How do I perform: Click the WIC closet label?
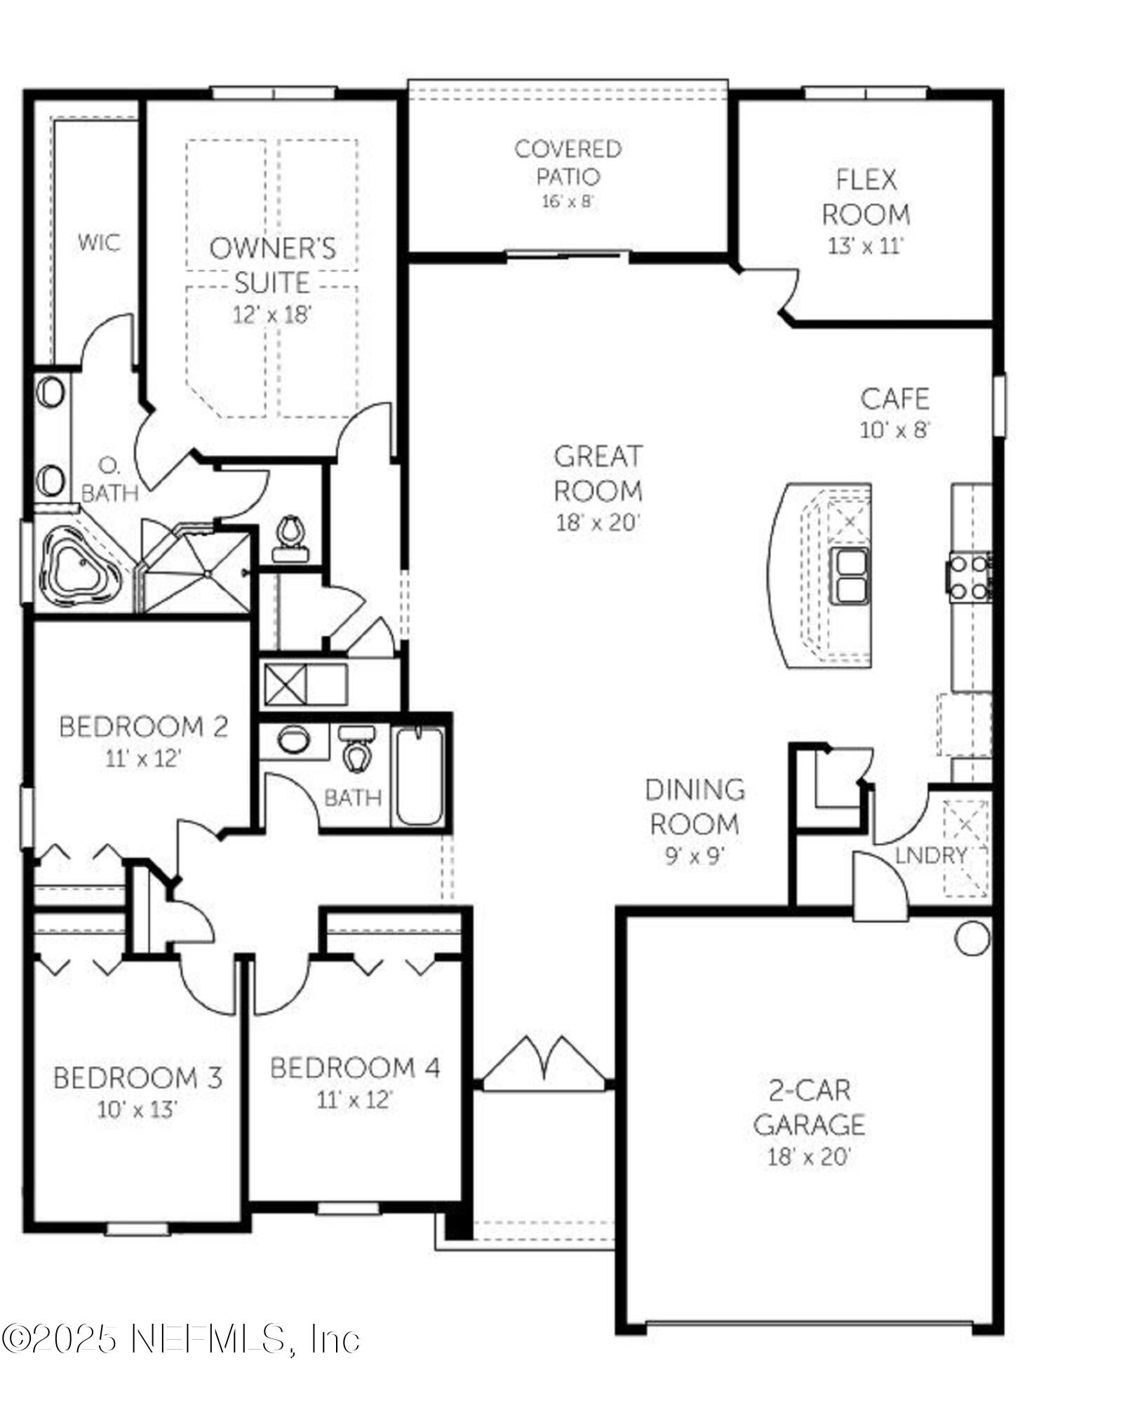98,243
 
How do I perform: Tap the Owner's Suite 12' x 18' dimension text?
271,315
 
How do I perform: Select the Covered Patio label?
568,162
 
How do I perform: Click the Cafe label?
894,398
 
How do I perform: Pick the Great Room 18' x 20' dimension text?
598,523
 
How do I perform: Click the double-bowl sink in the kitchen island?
849,575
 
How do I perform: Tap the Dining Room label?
695,807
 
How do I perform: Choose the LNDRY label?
931,855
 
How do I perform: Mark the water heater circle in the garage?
972,938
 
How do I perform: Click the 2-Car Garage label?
809,1107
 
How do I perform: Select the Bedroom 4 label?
355,1068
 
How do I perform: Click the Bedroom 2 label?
143,727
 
